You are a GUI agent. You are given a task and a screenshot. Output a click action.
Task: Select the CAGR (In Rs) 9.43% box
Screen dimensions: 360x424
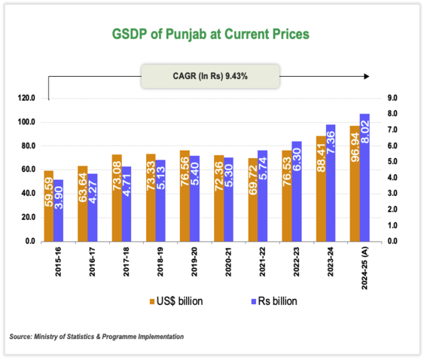click(210, 76)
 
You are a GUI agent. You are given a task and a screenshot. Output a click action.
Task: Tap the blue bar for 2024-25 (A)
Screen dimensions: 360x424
click(365, 177)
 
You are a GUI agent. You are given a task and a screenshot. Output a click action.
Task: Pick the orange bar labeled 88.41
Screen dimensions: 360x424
click(321, 188)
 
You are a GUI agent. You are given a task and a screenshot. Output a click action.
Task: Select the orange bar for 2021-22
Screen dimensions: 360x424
click(252, 200)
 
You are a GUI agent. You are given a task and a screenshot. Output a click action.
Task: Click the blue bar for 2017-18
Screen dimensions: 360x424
click(126, 203)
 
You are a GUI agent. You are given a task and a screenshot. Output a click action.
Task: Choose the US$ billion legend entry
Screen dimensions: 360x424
click(178, 301)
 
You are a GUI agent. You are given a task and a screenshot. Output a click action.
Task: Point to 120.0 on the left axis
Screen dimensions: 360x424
click(25, 98)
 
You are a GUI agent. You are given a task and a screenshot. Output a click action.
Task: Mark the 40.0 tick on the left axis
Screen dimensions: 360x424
click(26, 194)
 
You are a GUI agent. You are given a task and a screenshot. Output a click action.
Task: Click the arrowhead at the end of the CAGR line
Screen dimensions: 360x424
click(367, 76)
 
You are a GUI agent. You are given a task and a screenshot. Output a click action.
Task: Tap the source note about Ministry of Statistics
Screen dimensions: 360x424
click(97, 336)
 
